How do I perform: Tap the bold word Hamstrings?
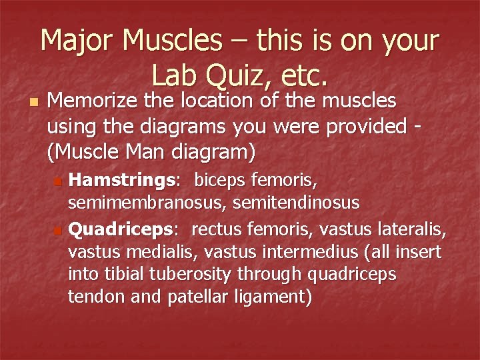[x=121, y=180]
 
